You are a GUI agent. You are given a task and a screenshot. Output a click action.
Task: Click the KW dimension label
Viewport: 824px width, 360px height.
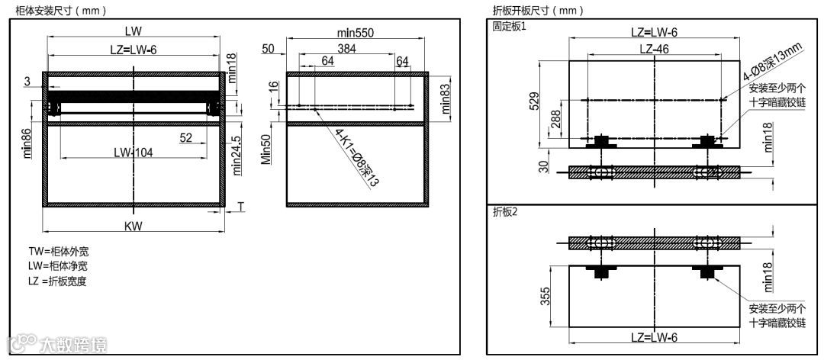[x=134, y=226]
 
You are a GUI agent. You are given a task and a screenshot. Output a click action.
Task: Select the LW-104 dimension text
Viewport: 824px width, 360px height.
[x=134, y=153]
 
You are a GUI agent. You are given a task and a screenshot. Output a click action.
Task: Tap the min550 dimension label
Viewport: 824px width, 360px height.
[x=356, y=33]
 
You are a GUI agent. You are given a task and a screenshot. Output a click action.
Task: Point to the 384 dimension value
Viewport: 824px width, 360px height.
[x=347, y=49]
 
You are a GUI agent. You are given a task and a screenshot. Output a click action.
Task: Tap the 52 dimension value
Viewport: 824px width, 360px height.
[x=186, y=137]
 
